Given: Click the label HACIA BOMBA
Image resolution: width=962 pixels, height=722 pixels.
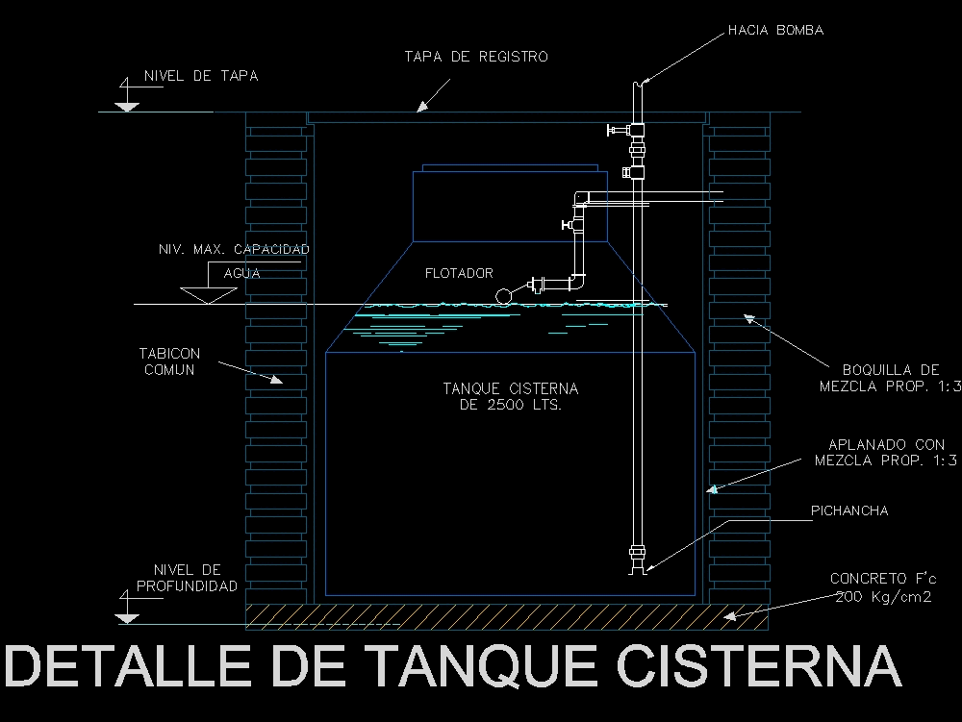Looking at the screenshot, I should tap(775, 30).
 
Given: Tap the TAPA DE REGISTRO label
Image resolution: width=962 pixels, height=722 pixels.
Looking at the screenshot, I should tap(475, 57).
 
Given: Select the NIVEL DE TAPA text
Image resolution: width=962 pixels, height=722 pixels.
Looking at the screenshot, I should tap(200, 76).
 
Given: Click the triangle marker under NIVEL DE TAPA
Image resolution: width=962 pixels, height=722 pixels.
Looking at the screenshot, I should tap(126, 104).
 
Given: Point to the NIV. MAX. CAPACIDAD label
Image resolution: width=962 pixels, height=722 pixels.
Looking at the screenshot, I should tap(234, 250).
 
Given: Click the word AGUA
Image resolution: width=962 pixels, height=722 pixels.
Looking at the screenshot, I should tap(241, 273).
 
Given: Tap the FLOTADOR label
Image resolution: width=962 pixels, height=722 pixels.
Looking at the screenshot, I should tap(459, 274).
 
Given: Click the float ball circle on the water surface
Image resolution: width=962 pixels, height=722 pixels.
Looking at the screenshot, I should tap(504, 295).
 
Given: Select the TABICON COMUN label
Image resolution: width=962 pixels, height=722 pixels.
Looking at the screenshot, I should tap(169, 361).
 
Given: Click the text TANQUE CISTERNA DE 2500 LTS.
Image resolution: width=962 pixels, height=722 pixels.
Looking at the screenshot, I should tap(510, 396).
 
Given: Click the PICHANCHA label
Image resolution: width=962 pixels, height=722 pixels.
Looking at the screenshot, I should tap(849, 510).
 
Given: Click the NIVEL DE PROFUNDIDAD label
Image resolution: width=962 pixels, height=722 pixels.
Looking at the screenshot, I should tap(187, 578).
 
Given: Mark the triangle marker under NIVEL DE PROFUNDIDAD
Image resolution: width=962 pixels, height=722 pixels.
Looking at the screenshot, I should tap(126, 615).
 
